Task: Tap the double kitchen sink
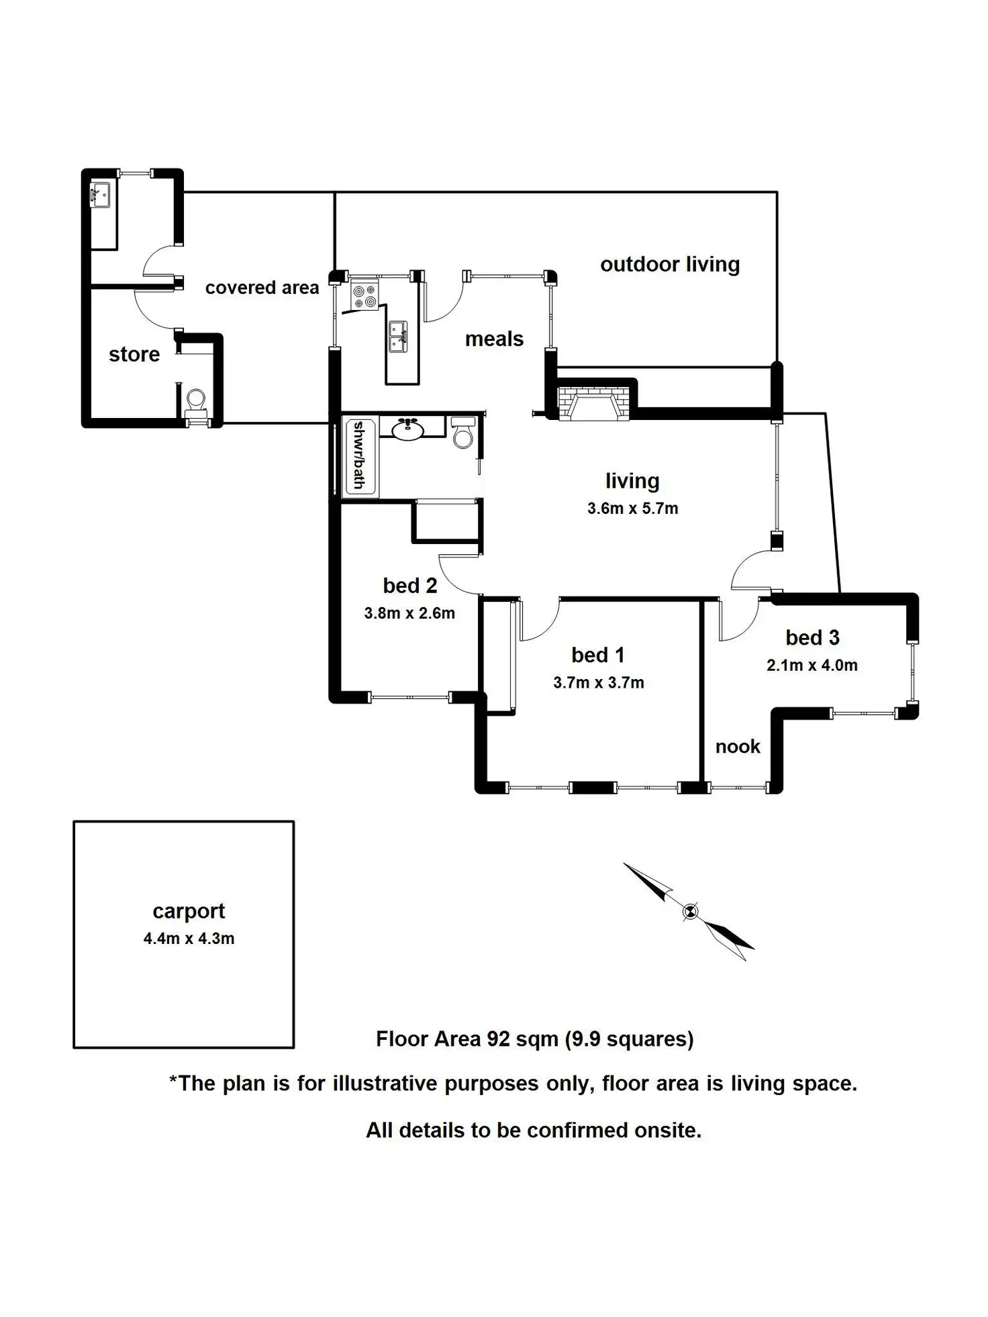(399, 336)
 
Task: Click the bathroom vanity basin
(407, 429)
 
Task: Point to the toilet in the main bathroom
(463, 433)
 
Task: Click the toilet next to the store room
(196, 404)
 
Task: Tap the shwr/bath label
(359, 455)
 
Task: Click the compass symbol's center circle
(690, 911)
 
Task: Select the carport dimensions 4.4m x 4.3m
(189, 938)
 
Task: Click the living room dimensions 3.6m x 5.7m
(633, 508)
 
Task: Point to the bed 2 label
(410, 585)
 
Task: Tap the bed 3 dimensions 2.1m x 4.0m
(812, 665)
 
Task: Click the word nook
(738, 746)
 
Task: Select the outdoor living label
(670, 264)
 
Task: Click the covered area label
(262, 287)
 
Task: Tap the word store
(134, 354)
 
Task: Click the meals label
(494, 339)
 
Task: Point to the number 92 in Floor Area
(499, 1039)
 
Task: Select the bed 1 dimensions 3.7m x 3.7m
(599, 682)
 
